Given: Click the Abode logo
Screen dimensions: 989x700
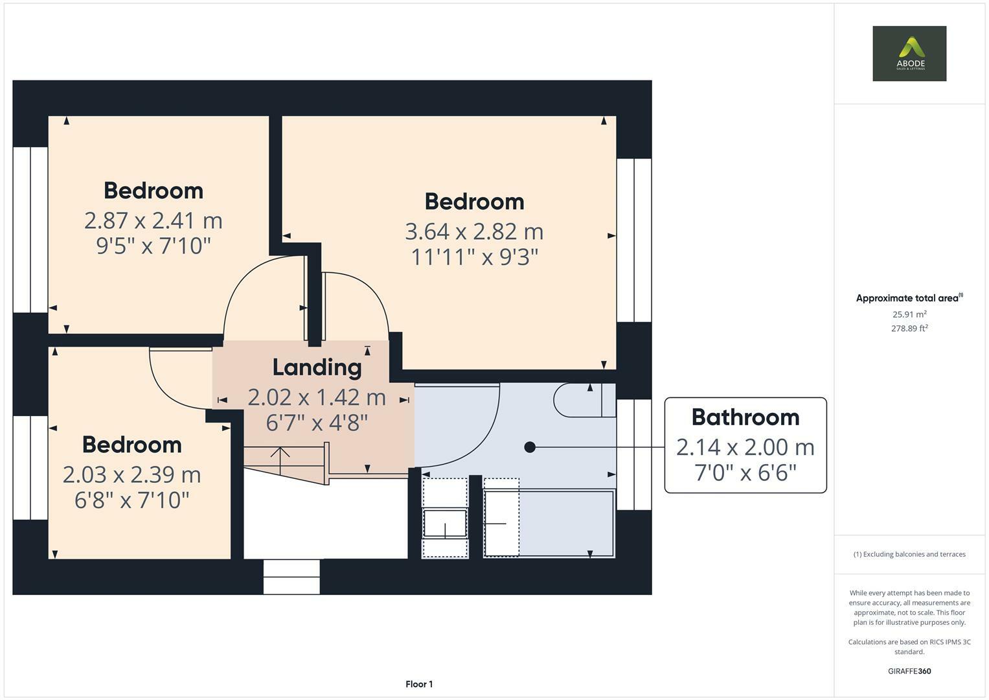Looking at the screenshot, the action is (909, 53).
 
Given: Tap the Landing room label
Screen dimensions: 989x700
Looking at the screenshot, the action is (317, 367).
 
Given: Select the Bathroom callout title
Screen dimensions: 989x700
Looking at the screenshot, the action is (745, 417).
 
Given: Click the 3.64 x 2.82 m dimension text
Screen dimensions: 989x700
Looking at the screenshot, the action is (474, 231).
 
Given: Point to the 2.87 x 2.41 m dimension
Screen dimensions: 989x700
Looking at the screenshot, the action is (153, 220).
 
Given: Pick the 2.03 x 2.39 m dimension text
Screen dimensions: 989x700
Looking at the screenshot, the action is (131, 474).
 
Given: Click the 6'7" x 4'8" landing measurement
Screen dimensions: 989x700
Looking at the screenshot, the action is (317, 423).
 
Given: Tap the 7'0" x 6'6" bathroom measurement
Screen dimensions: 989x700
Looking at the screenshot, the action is (745, 473).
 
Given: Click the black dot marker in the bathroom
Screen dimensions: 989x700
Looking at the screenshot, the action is (530, 447).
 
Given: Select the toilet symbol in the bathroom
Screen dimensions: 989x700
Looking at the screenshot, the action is (585, 401).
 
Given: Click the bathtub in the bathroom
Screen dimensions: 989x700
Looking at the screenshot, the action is (549, 523).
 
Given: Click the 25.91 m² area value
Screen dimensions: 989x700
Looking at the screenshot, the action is (909, 314).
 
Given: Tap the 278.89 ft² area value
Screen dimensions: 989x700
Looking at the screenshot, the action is (909, 329).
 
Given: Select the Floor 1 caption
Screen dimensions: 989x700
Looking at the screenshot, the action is (419, 684).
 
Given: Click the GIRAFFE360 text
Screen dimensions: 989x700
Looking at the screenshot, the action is (909, 671).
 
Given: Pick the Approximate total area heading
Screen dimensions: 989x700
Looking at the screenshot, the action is (909, 298).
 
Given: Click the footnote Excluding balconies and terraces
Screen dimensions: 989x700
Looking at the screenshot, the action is (909, 554).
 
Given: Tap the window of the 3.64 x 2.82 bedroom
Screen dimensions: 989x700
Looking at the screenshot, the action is (634, 240).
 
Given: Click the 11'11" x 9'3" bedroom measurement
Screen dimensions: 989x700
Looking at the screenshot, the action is (474, 257).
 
